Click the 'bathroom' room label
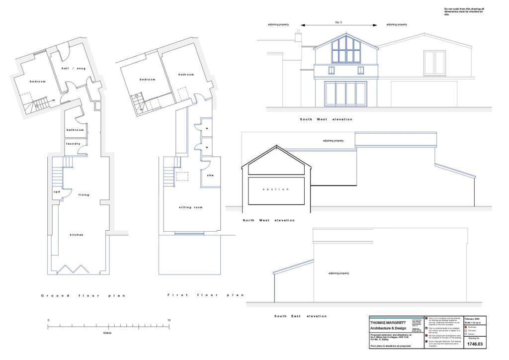point(75,130)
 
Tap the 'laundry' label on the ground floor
point(73,144)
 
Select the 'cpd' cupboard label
point(57,192)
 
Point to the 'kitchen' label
point(77,235)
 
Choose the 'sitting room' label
point(191,207)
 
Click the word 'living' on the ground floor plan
point(84,195)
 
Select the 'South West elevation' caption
point(326,119)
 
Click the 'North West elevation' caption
point(268,220)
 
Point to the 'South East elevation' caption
point(300,316)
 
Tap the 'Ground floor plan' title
point(83,296)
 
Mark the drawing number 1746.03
point(475,344)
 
